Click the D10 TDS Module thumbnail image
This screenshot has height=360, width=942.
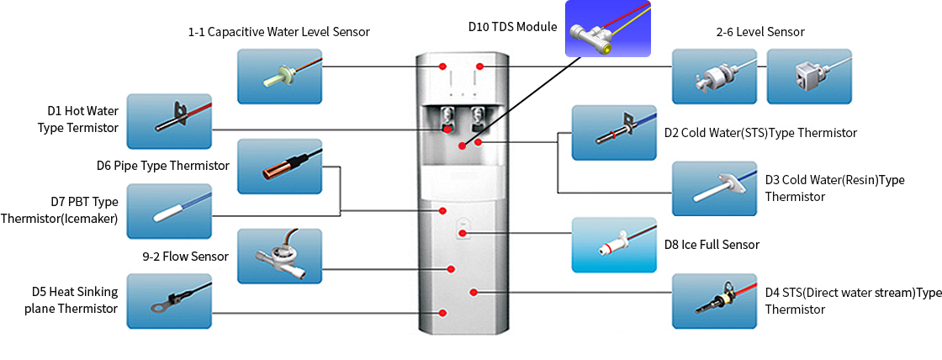[607, 29]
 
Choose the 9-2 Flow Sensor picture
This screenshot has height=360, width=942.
[278, 256]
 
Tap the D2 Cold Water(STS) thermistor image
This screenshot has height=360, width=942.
[613, 133]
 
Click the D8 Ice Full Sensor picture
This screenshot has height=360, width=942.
[613, 245]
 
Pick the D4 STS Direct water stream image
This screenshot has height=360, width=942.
[714, 301]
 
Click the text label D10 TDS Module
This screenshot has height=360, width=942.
[512, 27]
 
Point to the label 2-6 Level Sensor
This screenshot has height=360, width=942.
[760, 32]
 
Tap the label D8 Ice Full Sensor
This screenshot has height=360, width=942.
[712, 245]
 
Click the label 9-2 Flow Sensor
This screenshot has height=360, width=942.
[185, 256]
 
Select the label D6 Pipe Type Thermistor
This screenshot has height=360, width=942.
[162, 166]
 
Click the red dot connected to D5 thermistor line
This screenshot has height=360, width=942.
[443, 313]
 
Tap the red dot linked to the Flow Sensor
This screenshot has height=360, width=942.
[452, 269]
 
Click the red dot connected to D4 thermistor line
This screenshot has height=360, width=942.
[474, 292]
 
